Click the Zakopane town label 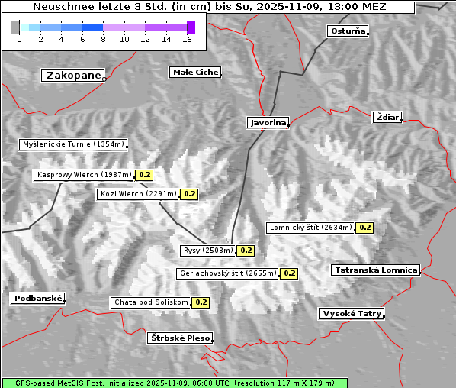click(73, 75)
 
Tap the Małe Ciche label click(194, 72)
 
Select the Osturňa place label click(348, 31)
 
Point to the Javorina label click(268, 122)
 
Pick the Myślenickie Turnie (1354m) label click(72, 144)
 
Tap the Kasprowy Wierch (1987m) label click(84, 175)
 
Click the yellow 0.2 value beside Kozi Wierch click(190, 194)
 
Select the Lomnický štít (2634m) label click(310, 227)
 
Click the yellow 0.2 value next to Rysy click(246, 250)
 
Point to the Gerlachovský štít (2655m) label click(227, 273)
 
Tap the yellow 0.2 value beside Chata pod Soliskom click(201, 302)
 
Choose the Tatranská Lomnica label click(376, 270)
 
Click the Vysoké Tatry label click(352, 313)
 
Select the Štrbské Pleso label click(179, 337)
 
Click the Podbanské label click(37, 299)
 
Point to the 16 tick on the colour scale click(187, 39)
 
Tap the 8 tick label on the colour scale click(103, 39)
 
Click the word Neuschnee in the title click(63, 7)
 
